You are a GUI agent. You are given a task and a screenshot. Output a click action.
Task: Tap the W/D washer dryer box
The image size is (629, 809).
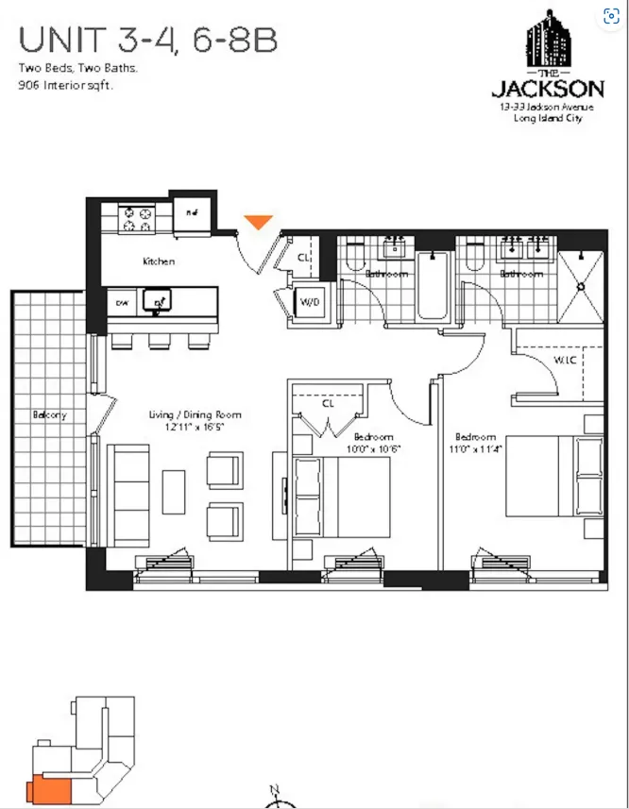tap(309, 303)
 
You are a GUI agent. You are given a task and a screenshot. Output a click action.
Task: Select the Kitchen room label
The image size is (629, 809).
tap(159, 261)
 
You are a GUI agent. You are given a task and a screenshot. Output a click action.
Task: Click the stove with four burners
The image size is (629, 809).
tap(136, 219)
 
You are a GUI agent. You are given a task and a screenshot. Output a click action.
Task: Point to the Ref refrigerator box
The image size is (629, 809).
tap(192, 212)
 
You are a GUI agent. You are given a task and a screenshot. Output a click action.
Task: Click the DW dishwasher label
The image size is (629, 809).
tap(122, 303)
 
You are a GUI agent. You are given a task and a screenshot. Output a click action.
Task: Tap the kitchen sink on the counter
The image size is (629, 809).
tap(155, 301)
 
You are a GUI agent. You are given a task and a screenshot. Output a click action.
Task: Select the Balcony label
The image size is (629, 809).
tap(49, 415)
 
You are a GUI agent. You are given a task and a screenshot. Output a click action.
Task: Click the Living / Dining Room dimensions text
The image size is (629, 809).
tap(195, 428)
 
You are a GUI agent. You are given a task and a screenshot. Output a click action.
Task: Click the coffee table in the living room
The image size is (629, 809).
tap(174, 492)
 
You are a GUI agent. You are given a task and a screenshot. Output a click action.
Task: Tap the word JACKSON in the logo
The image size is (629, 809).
tap(548, 90)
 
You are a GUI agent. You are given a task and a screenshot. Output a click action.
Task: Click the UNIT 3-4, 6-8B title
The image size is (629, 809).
tap(147, 41)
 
